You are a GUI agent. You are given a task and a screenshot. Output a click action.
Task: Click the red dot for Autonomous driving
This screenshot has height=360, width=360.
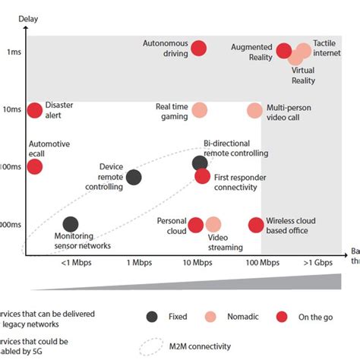coord(199,49)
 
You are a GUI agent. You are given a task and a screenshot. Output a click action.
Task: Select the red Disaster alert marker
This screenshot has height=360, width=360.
coord(35,110)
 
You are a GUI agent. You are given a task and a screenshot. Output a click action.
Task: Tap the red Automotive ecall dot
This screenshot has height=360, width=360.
coord(35,166)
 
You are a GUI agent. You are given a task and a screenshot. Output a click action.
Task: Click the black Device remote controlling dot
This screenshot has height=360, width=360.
coord(134,177)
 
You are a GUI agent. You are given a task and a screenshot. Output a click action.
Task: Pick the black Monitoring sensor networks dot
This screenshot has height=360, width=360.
coord(71,224)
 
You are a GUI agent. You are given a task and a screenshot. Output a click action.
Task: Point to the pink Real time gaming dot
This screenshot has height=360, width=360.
coord(200,110)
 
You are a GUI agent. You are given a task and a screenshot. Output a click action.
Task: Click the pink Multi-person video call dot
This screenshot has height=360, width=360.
coord(256,110)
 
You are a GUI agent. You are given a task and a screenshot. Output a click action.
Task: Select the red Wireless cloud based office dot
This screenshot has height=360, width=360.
coord(256,224)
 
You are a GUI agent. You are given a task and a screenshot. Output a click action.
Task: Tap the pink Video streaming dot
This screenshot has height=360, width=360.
coord(213,224)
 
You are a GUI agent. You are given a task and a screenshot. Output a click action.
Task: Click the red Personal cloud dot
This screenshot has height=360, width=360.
coord(196,224)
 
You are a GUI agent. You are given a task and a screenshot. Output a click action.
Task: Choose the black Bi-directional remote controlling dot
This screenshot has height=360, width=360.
coord(200,163)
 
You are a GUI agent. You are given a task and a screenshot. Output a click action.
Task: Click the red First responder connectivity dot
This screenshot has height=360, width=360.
coord(202,176)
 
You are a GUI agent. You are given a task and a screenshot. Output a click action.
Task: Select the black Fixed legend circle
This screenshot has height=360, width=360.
coord(151,317)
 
